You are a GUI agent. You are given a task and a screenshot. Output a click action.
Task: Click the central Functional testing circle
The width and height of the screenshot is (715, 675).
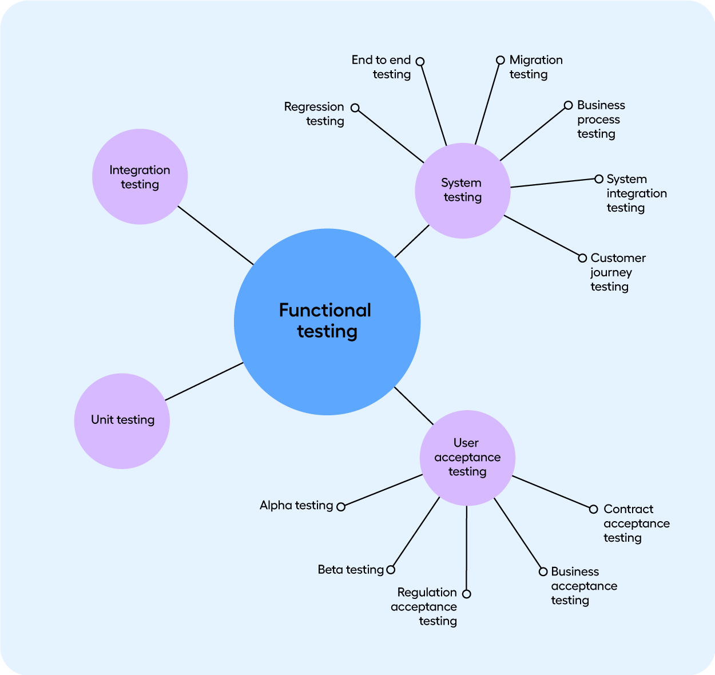click(327, 321)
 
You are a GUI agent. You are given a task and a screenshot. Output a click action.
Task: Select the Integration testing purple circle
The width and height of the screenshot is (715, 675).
click(140, 177)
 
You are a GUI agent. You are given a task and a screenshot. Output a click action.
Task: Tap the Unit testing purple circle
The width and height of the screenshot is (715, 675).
click(122, 421)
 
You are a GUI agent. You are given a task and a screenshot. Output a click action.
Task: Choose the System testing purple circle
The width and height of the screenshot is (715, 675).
click(462, 190)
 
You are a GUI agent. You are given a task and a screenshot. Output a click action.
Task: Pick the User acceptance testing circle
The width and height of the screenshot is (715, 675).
click(467, 458)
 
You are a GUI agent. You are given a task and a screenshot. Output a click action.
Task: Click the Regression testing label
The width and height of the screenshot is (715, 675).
click(314, 114)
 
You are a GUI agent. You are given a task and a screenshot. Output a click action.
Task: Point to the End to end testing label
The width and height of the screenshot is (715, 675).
click(382, 67)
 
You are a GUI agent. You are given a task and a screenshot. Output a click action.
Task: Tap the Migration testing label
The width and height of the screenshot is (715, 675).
click(535, 67)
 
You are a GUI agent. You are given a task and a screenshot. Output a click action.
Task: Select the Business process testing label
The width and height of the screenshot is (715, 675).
click(600, 120)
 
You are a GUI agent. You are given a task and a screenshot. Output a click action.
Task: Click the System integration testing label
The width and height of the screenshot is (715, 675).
click(636, 193)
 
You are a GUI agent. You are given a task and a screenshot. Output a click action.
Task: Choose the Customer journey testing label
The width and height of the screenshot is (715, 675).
click(617, 272)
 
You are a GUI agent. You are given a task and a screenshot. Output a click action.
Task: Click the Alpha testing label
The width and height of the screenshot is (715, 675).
click(296, 505)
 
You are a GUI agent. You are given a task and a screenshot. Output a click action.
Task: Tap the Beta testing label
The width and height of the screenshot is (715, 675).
click(351, 570)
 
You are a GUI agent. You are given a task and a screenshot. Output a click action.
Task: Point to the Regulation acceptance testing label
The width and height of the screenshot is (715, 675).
click(424, 606)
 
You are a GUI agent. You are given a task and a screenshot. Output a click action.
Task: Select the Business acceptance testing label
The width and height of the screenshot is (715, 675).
click(583, 586)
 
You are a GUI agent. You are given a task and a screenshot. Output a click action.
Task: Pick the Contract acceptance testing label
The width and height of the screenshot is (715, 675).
click(636, 523)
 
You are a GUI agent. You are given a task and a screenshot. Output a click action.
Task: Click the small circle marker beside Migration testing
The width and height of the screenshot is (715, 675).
click(500, 60)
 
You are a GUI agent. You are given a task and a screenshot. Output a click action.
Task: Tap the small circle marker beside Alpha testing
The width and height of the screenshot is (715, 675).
click(341, 507)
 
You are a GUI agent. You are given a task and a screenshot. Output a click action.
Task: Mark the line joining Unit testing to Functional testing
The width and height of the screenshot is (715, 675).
click(204, 382)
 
